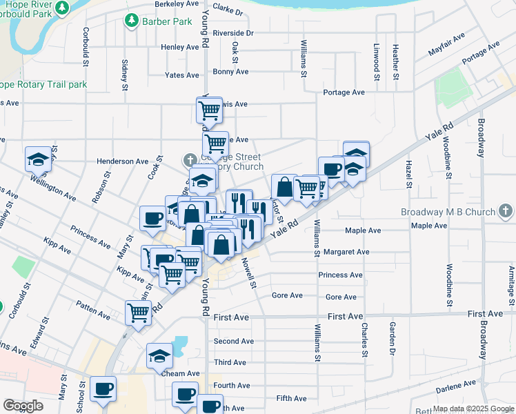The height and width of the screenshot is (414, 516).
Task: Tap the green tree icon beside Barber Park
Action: tap(131, 21)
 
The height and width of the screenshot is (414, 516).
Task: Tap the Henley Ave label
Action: tap(179, 47)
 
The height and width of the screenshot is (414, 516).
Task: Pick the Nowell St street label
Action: tap(249, 273)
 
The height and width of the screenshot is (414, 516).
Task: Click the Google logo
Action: tap(23, 406)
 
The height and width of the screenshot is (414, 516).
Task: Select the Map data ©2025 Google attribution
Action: tap(473, 408)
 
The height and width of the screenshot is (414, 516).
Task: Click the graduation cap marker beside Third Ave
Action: tap(159, 357)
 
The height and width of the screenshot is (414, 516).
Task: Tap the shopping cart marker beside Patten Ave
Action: tap(139, 313)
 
